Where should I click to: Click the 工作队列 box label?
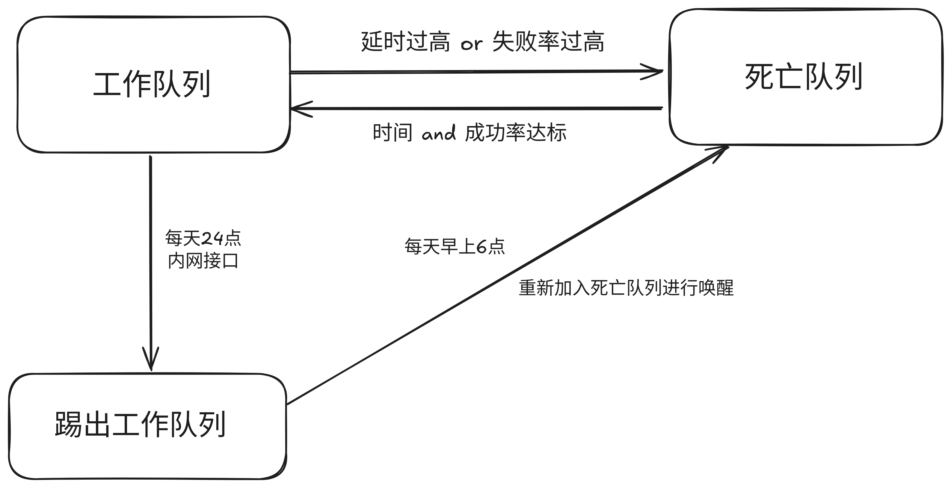point(152,84)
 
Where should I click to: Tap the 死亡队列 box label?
point(803,77)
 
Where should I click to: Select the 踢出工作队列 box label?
point(140,424)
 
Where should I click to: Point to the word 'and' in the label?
point(439,133)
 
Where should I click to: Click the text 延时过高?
point(405,42)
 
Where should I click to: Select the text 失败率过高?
point(548,42)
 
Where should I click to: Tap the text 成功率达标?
point(515,133)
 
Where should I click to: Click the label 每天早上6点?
point(455,246)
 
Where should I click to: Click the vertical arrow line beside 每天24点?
point(151,258)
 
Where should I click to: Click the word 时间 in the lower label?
point(392,133)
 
